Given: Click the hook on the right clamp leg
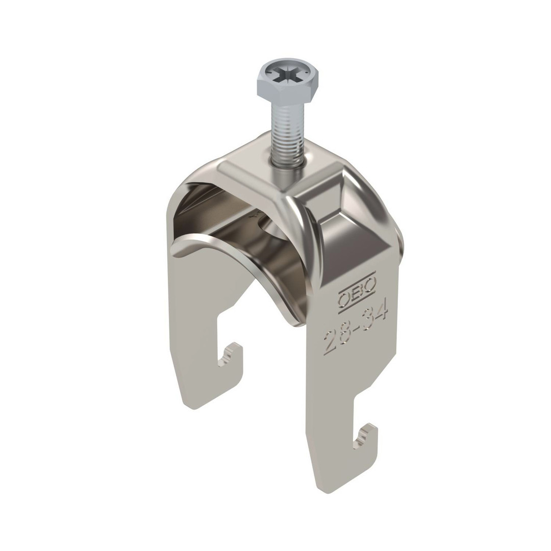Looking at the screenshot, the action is click(365, 436).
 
